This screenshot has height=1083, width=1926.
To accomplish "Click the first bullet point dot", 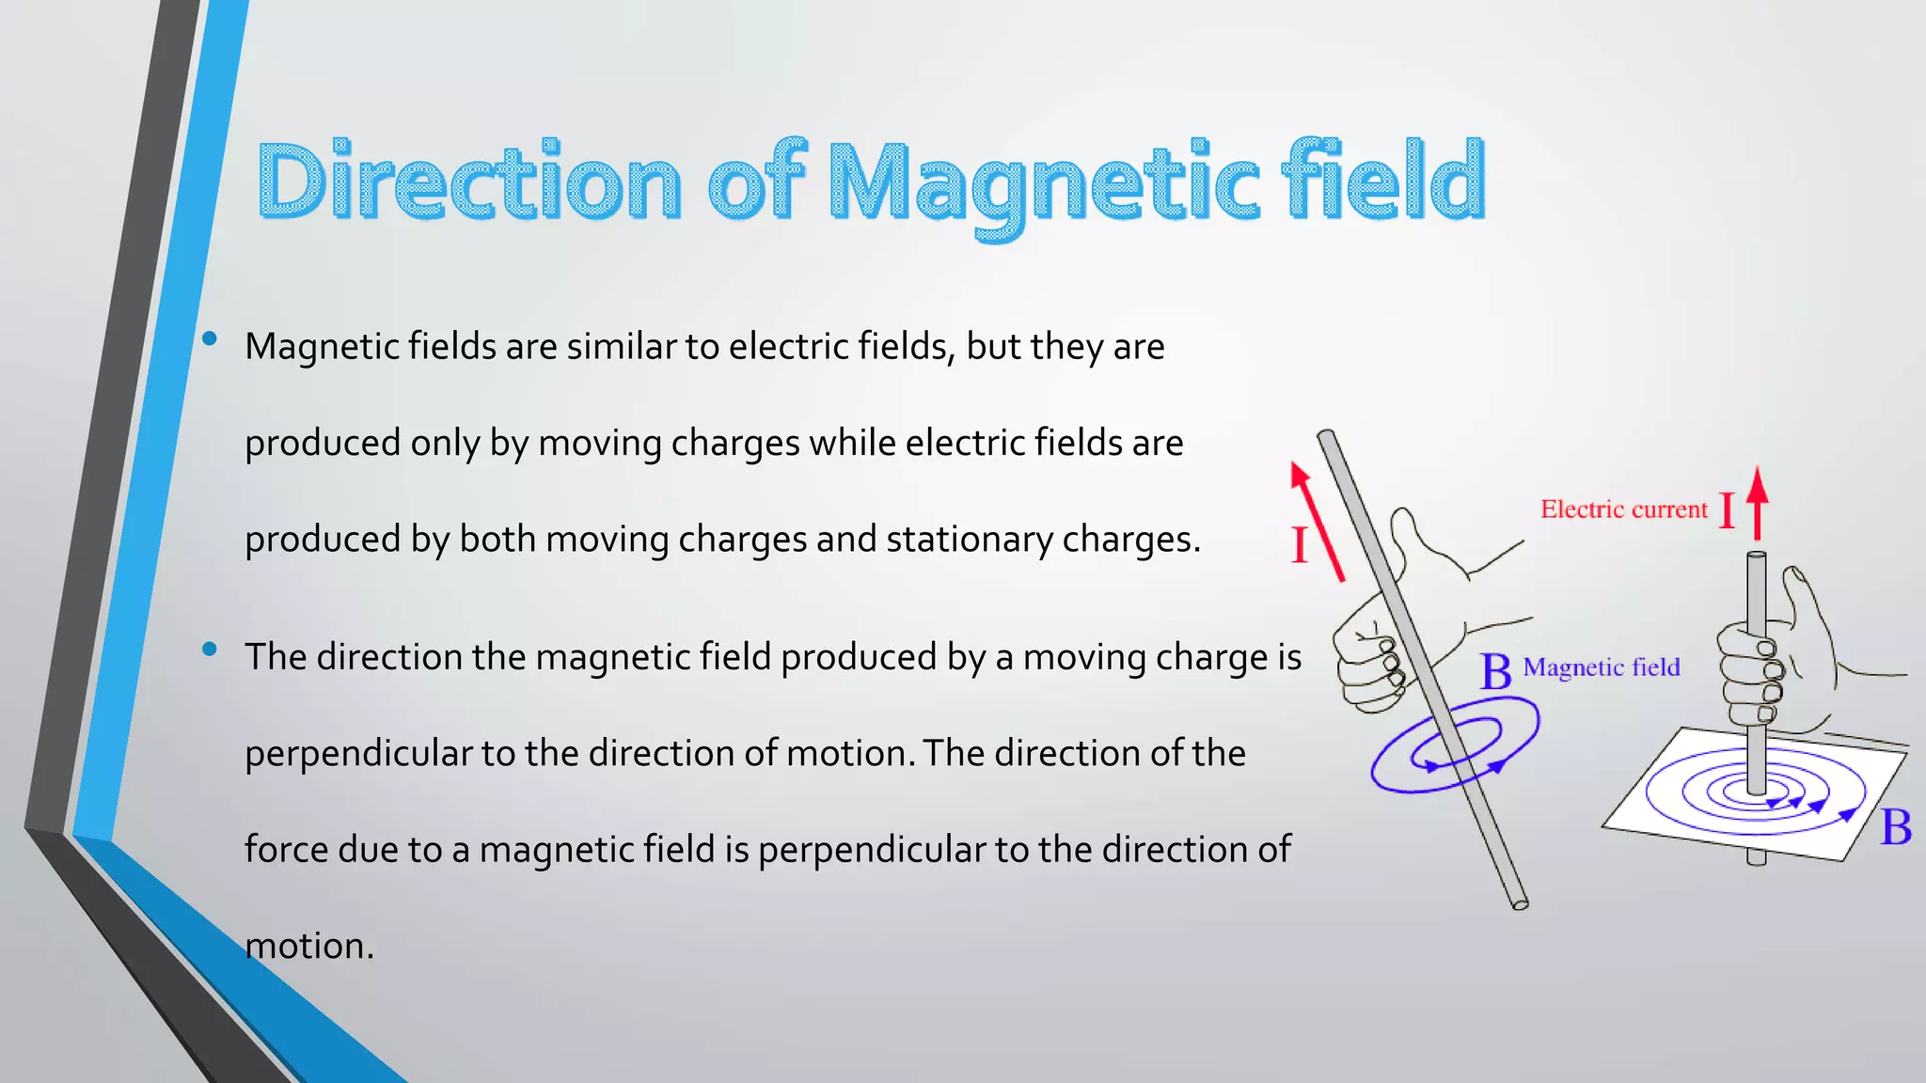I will tap(210, 338).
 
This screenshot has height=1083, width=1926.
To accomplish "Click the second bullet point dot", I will tap(210, 649).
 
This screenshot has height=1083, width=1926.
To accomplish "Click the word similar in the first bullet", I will tap(621, 347).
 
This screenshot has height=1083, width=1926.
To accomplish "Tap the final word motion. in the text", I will tap(308, 946).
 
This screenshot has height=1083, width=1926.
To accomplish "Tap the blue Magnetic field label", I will tap(1601, 667).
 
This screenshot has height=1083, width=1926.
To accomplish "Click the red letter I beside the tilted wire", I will tap(1300, 544).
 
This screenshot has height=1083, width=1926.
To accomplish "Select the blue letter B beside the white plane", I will tap(1895, 828).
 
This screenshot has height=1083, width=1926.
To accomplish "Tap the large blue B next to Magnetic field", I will tap(1495, 672).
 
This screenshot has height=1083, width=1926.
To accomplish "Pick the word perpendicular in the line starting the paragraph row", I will tap(357, 754).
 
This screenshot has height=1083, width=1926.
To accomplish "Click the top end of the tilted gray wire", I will tap(1327, 436).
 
